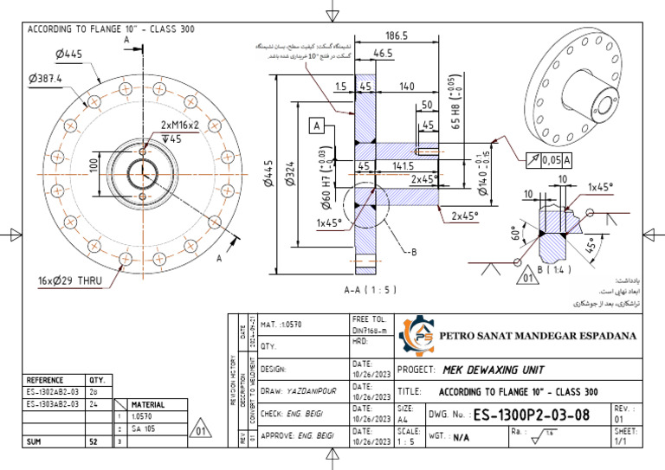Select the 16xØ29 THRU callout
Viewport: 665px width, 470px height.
click(69, 280)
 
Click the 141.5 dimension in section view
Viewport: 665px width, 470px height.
click(403, 165)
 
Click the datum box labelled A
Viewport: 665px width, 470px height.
click(317, 126)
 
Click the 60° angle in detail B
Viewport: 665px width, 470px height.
click(517, 234)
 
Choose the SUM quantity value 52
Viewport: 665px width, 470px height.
click(93, 441)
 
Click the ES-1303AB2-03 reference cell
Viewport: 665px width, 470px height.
click(53, 404)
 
